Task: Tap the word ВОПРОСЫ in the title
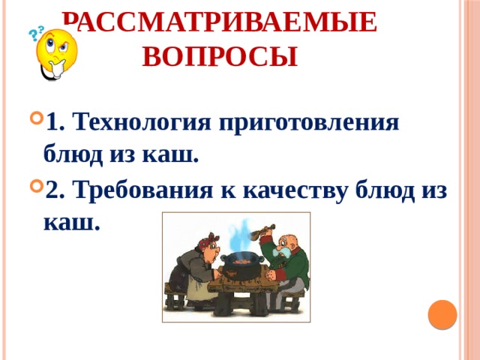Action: (x=218, y=56)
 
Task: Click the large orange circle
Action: (x=442, y=314)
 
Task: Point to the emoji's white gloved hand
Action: (x=52, y=71)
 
